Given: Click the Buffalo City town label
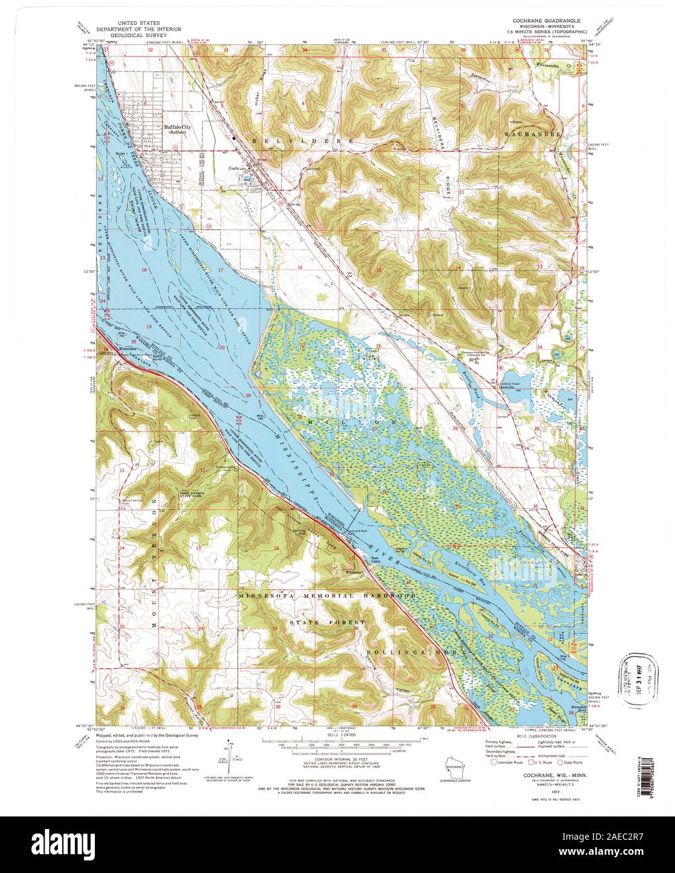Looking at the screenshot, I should [177, 127].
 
